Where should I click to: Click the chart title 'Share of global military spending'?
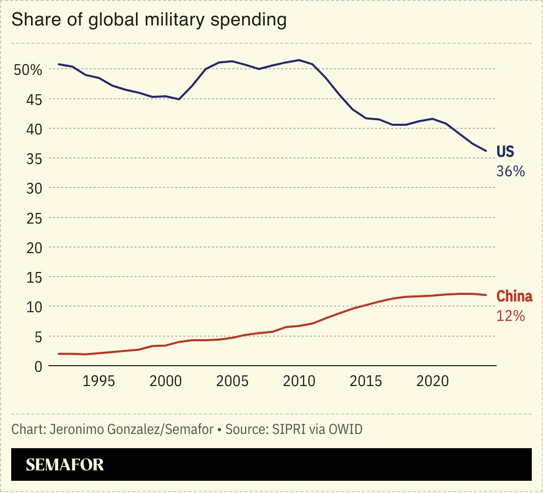(149, 20)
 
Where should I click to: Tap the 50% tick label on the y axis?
(28, 70)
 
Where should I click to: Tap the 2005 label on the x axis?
(232, 382)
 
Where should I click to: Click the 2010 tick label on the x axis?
(298, 382)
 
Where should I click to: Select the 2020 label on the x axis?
(432, 382)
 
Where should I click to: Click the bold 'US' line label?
(505, 152)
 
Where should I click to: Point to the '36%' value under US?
(510, 171)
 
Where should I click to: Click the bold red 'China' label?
(514, 296)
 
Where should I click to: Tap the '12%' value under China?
(510, 316)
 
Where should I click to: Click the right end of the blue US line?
(486, 151)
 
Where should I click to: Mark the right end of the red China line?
(486, 295)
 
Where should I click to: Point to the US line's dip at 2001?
(178, 99)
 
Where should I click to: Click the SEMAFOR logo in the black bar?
(65, 464)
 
